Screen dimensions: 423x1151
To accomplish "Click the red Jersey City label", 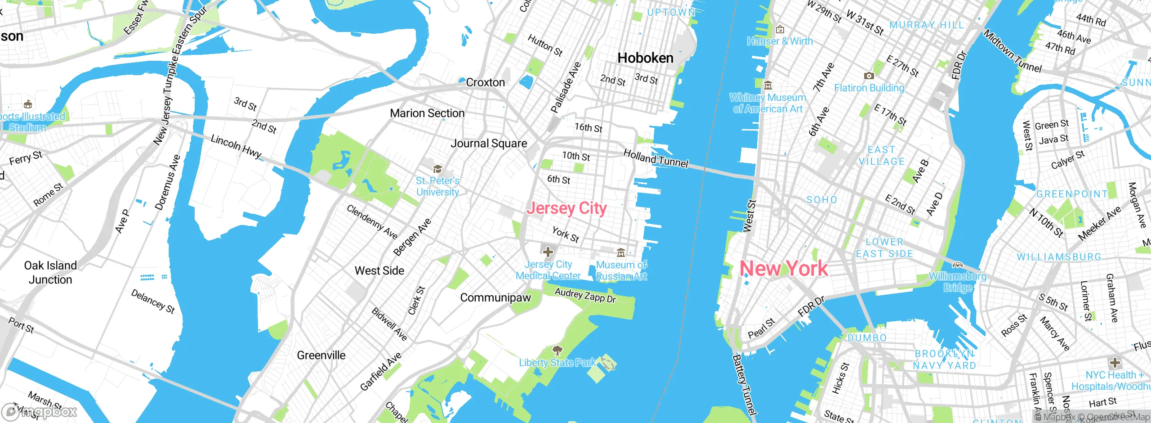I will point(567,208).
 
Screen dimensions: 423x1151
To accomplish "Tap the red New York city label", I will point(783,269).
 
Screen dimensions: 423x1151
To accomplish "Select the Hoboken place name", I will point(645,58).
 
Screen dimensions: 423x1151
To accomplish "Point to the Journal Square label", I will point(489,144).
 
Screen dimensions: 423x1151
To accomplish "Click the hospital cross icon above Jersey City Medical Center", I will point(548,252).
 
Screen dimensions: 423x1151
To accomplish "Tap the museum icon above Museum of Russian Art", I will point(621,252).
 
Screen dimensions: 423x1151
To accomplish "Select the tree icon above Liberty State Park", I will point(557,351).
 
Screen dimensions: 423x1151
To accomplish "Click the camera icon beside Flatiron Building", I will point(869,76).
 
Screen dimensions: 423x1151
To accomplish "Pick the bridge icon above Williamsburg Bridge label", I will point(957,265).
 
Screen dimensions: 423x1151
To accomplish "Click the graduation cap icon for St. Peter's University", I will point(437,169).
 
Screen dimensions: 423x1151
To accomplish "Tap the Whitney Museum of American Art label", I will point(767,103).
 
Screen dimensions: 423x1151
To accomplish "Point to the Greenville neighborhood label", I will point(321,355).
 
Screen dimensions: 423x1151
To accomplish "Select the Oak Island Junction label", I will point(50,273).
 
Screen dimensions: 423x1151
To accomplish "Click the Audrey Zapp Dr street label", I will point(585,295).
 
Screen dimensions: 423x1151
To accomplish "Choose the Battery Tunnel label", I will point(744,385).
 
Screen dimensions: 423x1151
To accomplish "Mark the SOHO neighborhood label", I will point(821,200).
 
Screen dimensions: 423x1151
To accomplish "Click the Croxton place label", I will point(485,82).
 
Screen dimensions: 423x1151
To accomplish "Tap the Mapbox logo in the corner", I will point(40,412).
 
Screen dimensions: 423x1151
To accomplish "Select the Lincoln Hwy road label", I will point(236,147).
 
